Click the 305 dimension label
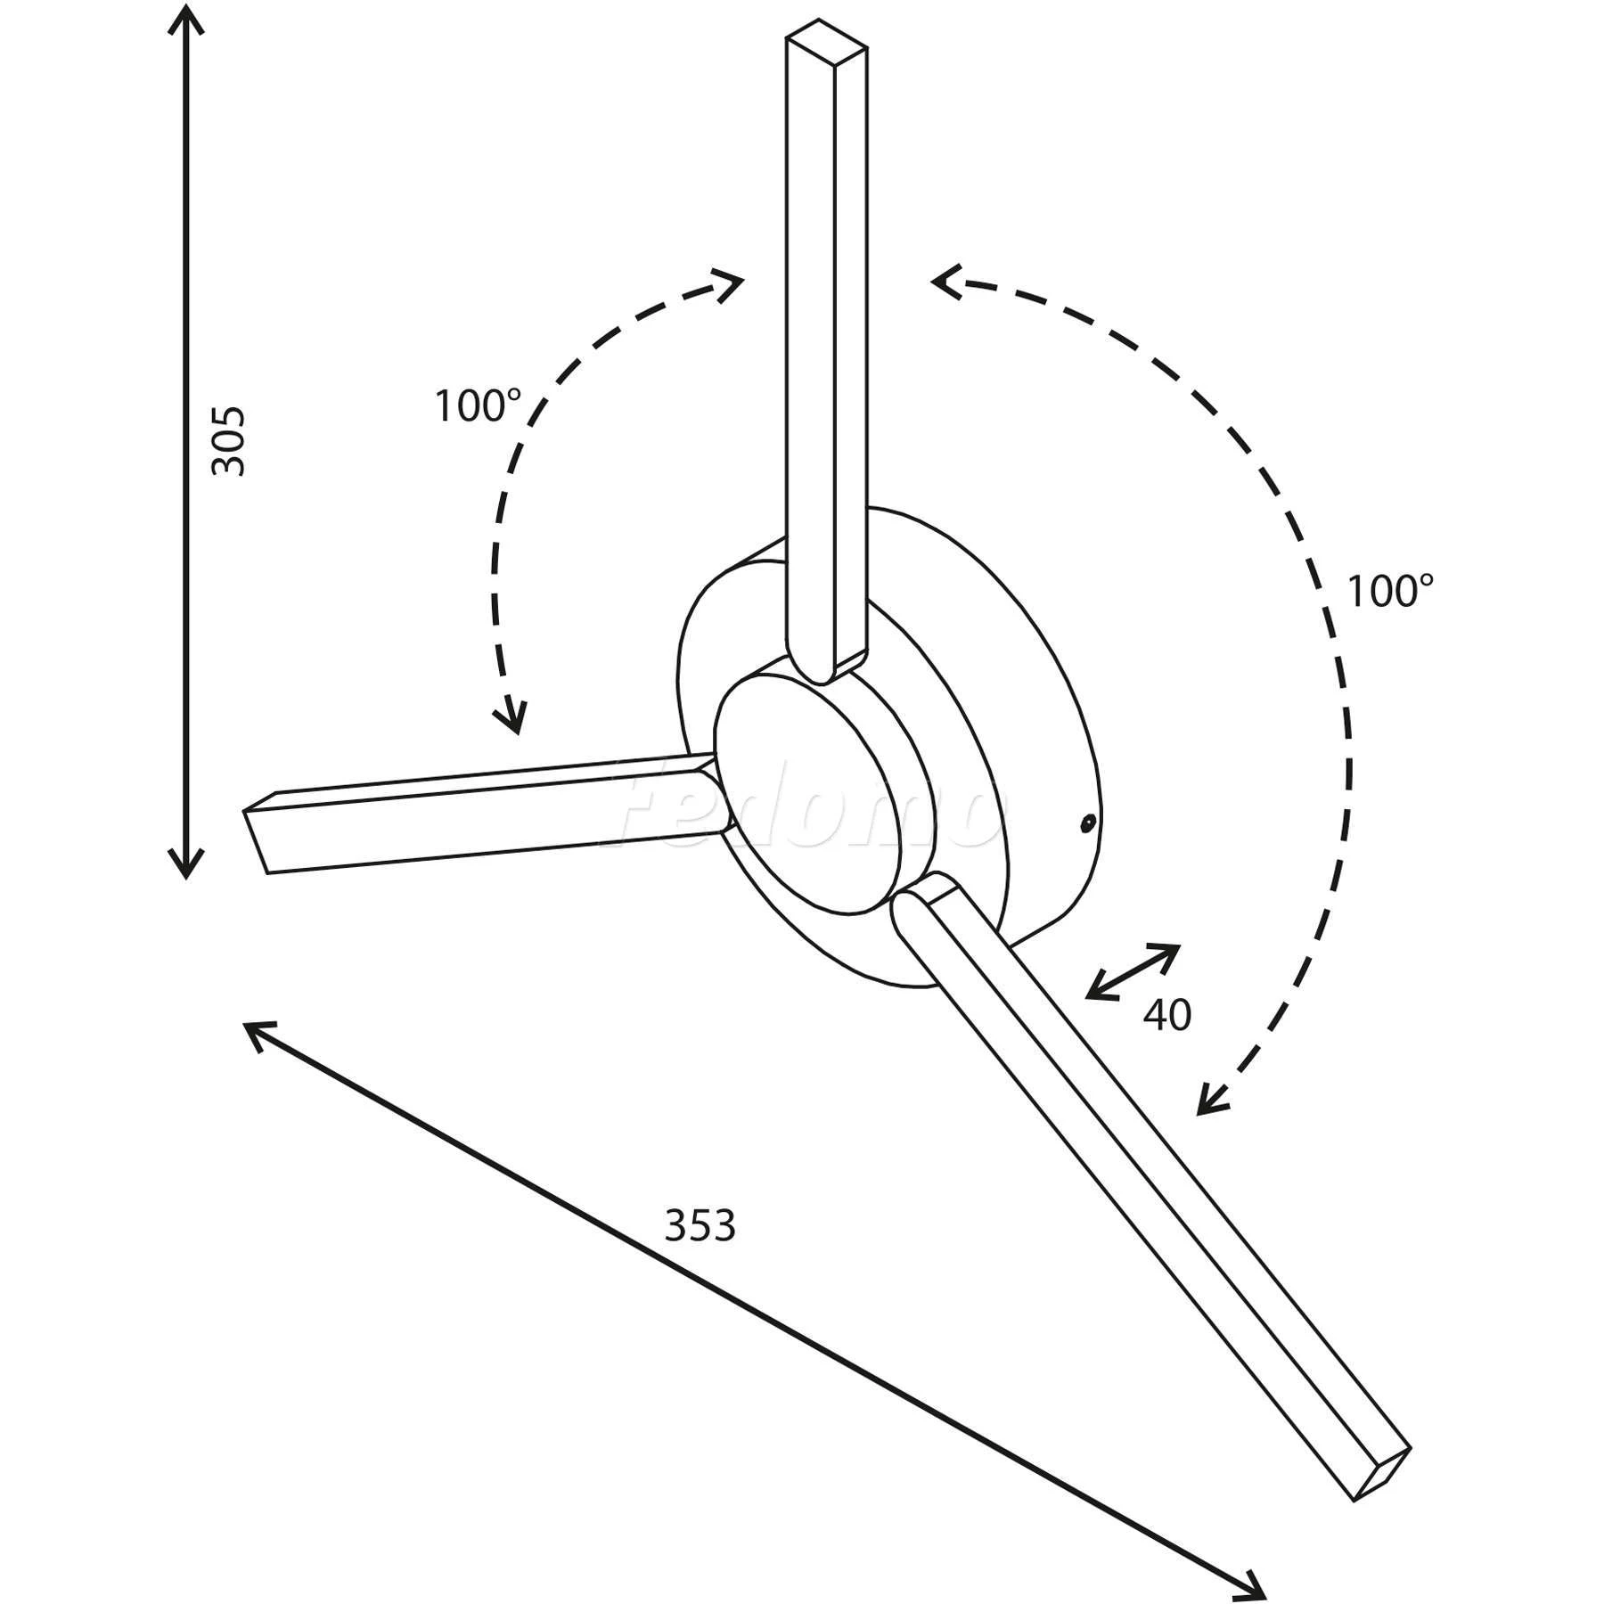click(x=228, y=441)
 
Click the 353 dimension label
click(x=700, y=1226)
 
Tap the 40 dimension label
click(x=1166, y=1015)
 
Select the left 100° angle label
click(x=478, y=407)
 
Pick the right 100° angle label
click(x=1390, y=592)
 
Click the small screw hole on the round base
click(x=1086, y=822)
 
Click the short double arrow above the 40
click(x=1133, y=972)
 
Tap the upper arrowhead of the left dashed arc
click(x=730, y=288)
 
